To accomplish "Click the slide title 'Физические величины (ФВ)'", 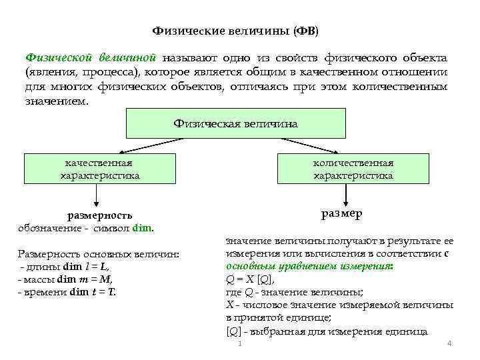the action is click(235, 31).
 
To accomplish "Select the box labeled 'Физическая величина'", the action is click(235, 124).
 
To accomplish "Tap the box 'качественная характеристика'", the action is click(99, 169).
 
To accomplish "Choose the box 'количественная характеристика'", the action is click(353, 169).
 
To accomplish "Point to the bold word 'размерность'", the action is click(100, 215).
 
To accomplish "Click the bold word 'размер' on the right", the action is click(341, 214).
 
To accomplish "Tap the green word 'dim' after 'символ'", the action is click(143, 228).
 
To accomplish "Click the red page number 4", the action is click(449, 343).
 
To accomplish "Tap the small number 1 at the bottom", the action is click(239, 344).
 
